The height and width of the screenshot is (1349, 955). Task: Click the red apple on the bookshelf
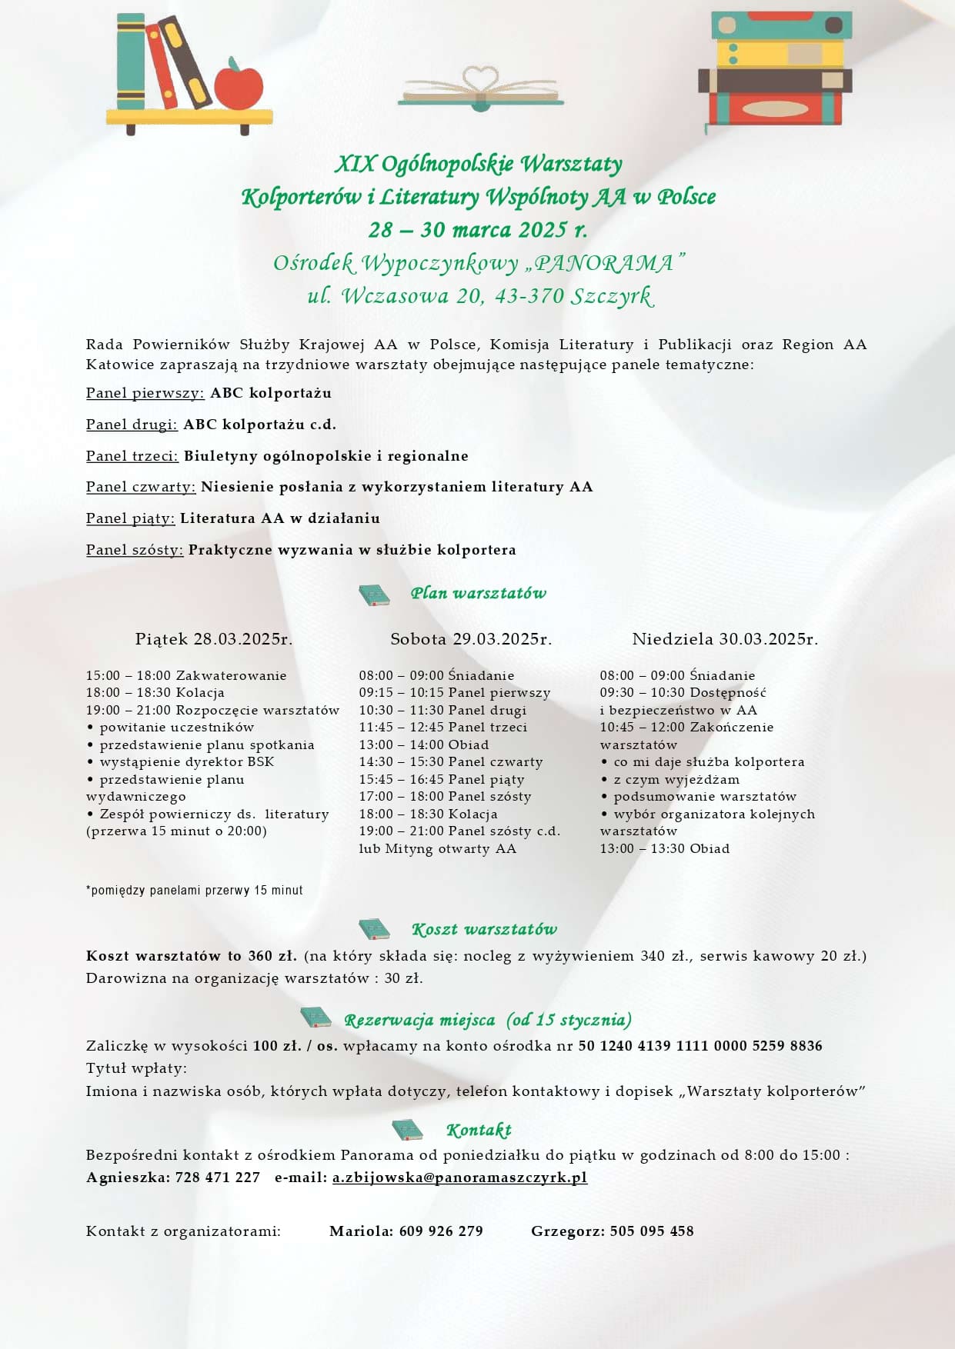[x=238, y=85]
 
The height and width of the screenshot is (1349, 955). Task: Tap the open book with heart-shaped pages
[x=480, y=89]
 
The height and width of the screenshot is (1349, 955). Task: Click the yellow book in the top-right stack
[x=780, y=54]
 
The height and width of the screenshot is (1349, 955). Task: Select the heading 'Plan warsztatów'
[x=478, y=593]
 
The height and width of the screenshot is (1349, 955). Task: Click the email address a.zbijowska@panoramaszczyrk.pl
[x=459, y=1177]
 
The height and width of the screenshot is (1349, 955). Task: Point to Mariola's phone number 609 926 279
[x=441, y=1231]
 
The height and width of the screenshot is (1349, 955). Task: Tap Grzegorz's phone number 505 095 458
[x=652, y=1231]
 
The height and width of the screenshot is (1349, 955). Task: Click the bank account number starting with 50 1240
[x=700, y=1046]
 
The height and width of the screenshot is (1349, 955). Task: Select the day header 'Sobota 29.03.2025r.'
[x=471, y=639]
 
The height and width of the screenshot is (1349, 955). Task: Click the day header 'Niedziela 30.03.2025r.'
[x=725, y=639]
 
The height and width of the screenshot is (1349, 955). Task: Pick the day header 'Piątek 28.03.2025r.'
[x=214, y=639]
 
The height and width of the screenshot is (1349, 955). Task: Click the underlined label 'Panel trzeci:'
[x=132, y=456]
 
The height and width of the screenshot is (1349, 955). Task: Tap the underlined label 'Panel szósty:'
[x=135, y=550]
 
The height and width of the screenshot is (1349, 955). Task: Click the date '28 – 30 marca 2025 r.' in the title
[x=477, y=230]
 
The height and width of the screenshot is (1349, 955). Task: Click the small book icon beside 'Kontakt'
[x=407, y=1130]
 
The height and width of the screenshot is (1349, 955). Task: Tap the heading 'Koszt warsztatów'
[x=484, y=930]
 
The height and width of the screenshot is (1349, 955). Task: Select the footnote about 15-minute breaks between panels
[x=195, y=891]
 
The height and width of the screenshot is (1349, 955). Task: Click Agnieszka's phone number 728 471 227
[x=218, y=1177]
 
